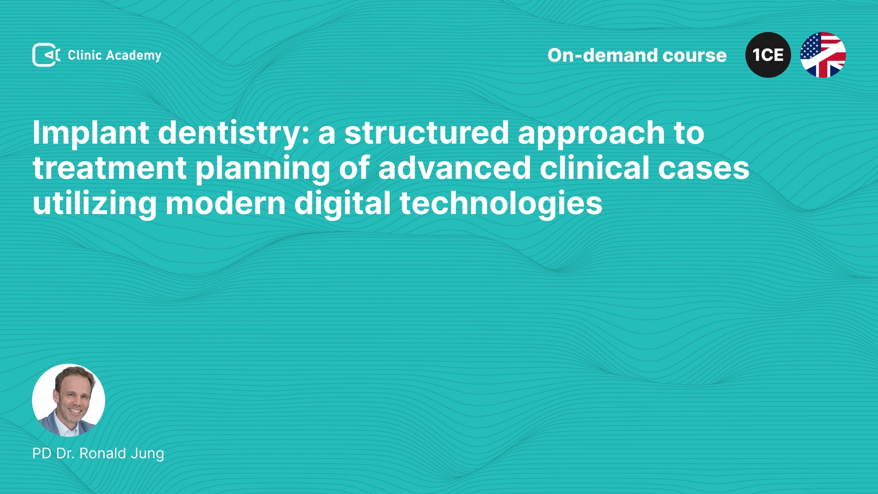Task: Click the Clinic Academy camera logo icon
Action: [46, 55]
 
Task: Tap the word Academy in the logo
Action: [134, 56]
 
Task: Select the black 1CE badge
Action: [768, 55]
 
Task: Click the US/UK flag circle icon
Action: [823, 55]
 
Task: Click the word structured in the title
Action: [427, 133]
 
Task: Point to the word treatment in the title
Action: [110, 168]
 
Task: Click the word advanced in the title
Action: [455, 168]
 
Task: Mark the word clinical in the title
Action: [594, 168]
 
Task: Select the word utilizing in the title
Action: [95, 204]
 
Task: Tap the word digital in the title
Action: [343, 204]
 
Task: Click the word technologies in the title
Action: [501, 204]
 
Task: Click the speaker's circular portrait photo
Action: [69, 400]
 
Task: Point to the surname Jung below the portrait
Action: [147, 454]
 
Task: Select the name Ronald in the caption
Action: [102, 453]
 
